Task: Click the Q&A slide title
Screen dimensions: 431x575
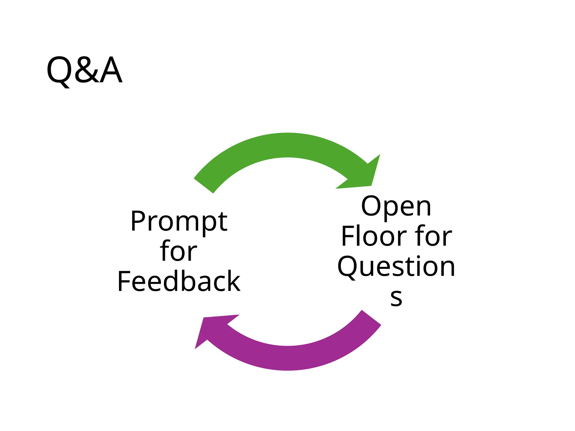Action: [84, 70]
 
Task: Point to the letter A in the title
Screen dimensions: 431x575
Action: [111, 70]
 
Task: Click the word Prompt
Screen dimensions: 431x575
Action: [179, 222]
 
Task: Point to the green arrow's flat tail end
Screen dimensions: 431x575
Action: [204, 186]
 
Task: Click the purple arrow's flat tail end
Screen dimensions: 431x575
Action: [371, 318]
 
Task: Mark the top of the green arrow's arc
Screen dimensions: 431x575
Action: [287, 145]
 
